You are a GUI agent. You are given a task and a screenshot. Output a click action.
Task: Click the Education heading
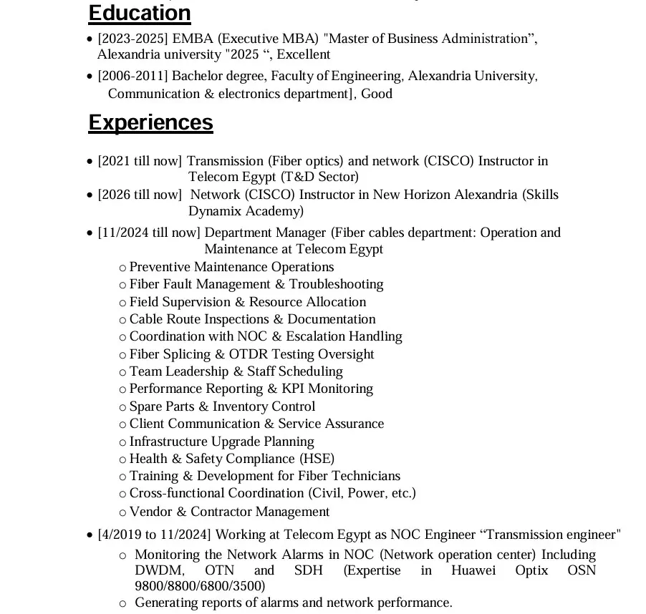click(x=140, y=13)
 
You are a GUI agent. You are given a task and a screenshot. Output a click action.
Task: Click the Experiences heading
click(x=150, y=122)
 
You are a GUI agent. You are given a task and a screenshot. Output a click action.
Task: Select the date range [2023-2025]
click(x=132, y=39)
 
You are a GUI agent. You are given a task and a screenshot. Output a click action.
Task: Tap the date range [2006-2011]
click(x=132, y=76)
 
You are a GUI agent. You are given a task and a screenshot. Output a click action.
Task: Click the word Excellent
click(x=304, y=54)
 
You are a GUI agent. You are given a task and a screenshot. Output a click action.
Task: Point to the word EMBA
click(x=193, y=39)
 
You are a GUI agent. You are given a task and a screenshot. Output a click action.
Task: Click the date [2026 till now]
click(x=140, y=195)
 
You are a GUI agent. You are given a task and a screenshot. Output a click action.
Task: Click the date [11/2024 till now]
click(x=149, y=233)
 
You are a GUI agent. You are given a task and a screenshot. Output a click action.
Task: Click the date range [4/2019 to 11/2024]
click(x=154, y=535)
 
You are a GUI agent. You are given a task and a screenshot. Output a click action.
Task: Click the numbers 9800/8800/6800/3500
click(x=200, y=586)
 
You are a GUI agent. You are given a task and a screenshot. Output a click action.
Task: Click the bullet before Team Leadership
click(x=123, y=372)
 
